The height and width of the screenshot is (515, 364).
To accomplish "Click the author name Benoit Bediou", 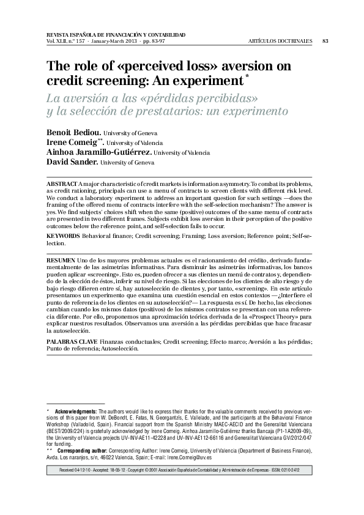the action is click(74, 132).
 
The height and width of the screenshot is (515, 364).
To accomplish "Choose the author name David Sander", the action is click(72, 162).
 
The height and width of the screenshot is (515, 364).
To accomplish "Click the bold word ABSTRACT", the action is click(62, 184).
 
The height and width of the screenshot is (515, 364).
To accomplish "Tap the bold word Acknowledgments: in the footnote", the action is click(76, 410).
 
